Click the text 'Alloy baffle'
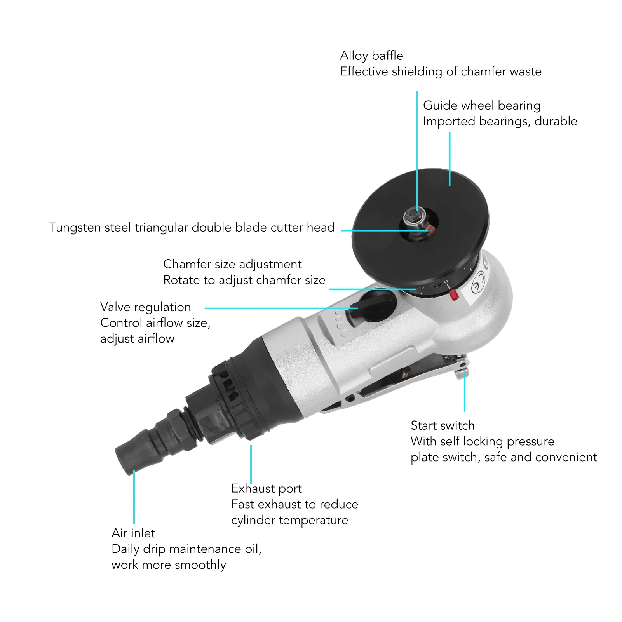[371, 56]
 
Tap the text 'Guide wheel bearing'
[481, 106]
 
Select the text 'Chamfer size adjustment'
[232, 264]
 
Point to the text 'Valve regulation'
[145, 307]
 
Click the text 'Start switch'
[442, 426]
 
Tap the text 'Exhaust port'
[266, 489]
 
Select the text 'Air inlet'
[133, 533]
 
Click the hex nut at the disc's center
[410, 217]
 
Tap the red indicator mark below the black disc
[453, 295]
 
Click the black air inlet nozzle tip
[128, 456]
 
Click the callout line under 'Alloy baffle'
[417, 148]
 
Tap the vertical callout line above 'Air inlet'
[134, 497]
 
